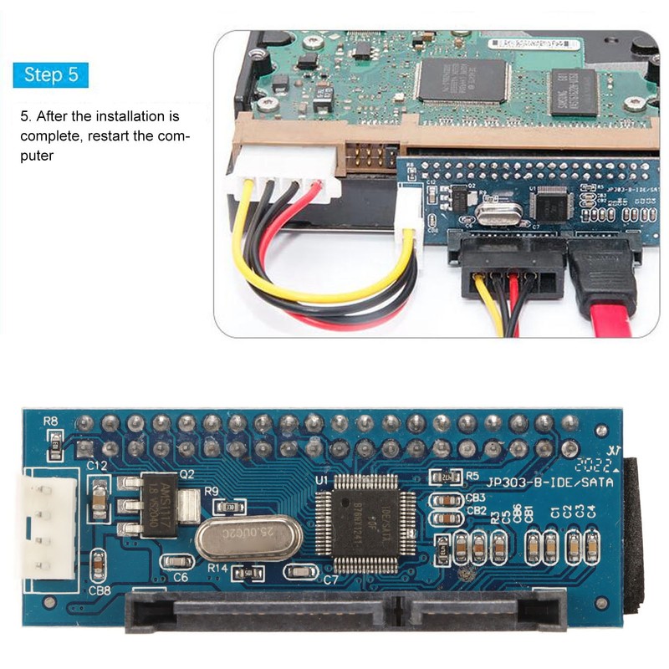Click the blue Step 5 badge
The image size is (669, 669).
coord(51,74)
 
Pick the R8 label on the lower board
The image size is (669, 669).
coord(51,421)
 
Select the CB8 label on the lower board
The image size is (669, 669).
coord(100,590)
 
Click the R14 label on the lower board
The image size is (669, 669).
coord(218,567)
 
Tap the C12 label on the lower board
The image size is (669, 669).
coord(98,465)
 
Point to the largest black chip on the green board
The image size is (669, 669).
coord(462,81)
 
